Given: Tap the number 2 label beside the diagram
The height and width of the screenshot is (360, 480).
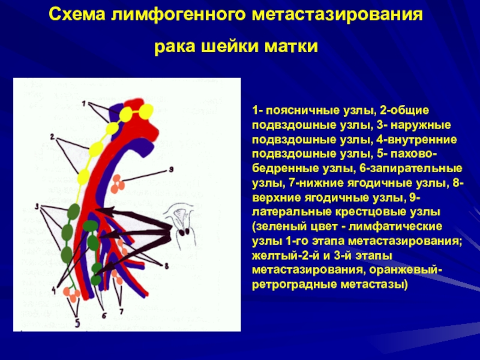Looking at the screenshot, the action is [x=52, y=137].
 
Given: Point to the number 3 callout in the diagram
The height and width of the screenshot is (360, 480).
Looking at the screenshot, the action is [x=37, y=207].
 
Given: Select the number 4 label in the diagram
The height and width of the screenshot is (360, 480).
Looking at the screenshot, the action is [x=54, y=290].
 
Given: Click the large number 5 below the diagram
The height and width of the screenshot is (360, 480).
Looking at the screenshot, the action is [x=77, y=323].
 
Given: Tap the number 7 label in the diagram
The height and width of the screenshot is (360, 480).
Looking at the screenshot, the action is [x=121, y=311].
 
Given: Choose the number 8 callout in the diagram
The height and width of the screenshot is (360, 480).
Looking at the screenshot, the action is [x=167, y=266].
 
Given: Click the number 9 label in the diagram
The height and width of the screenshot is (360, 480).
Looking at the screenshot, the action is [x=171, y=169].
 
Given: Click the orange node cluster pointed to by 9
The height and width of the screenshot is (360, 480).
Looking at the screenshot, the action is [x=117, y=184].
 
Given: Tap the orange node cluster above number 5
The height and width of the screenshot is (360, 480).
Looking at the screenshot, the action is [x=71, y=295].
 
